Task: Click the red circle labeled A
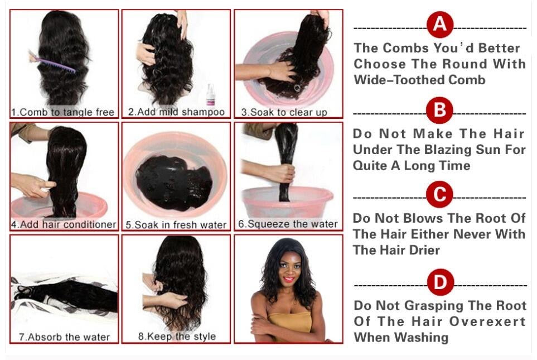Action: [440, 25]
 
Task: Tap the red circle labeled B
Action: [440, 111]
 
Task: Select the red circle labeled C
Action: [440, 194]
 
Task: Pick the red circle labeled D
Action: [441, 282]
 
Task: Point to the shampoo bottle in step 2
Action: [210, 95]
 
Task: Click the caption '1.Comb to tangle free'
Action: [62, 112]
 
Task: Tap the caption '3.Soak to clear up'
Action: [284, 112]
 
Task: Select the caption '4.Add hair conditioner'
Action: [64, 224]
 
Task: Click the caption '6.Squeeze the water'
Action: [288, 224]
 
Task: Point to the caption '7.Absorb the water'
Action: [64, 337]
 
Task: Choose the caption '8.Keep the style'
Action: [177, 337]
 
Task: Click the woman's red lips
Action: [289, 279]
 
